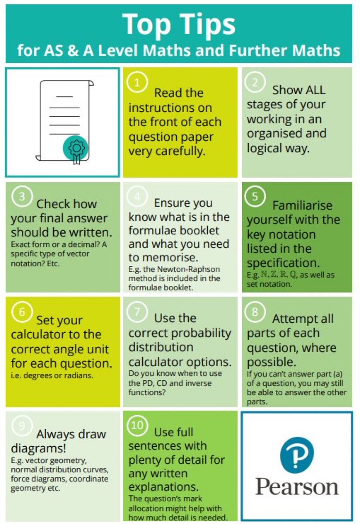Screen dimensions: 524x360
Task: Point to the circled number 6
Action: pyautogui.click(x=20, y=312)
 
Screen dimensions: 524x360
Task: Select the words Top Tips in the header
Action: pyautogui.click(x=179, y=24)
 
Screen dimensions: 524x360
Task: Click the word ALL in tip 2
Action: pyautogui.click(x=311, y=90)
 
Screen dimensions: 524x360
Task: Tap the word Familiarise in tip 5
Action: pyautogui.click(x=302, y=205)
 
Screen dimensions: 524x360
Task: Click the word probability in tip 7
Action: pyautogui.click(x=201, y=333)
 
